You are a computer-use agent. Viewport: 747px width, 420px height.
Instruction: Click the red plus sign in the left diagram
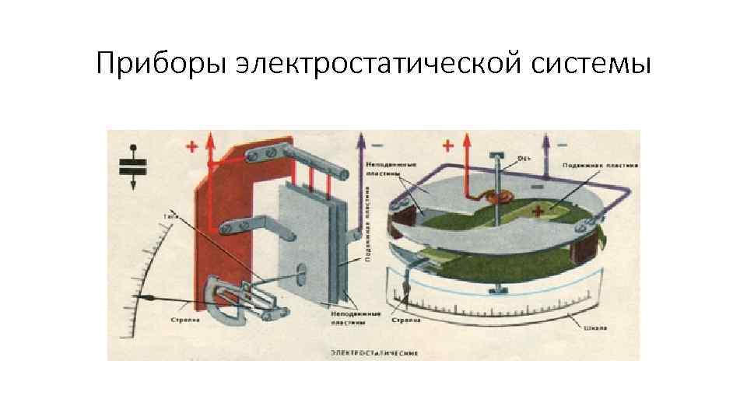click(x=191, y=146)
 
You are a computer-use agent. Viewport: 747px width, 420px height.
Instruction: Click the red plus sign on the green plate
click(x=537, y=212)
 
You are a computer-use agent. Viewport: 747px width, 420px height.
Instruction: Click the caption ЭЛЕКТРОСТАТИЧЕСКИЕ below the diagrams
click(x=373, y=352)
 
